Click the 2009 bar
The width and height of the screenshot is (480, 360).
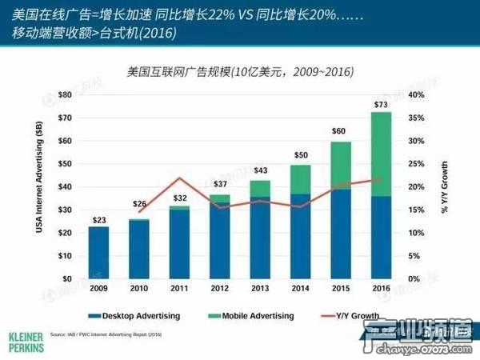coord(98,252)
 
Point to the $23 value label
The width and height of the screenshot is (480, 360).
coord(98,220)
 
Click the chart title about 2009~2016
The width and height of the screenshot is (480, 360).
coord(240,72)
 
